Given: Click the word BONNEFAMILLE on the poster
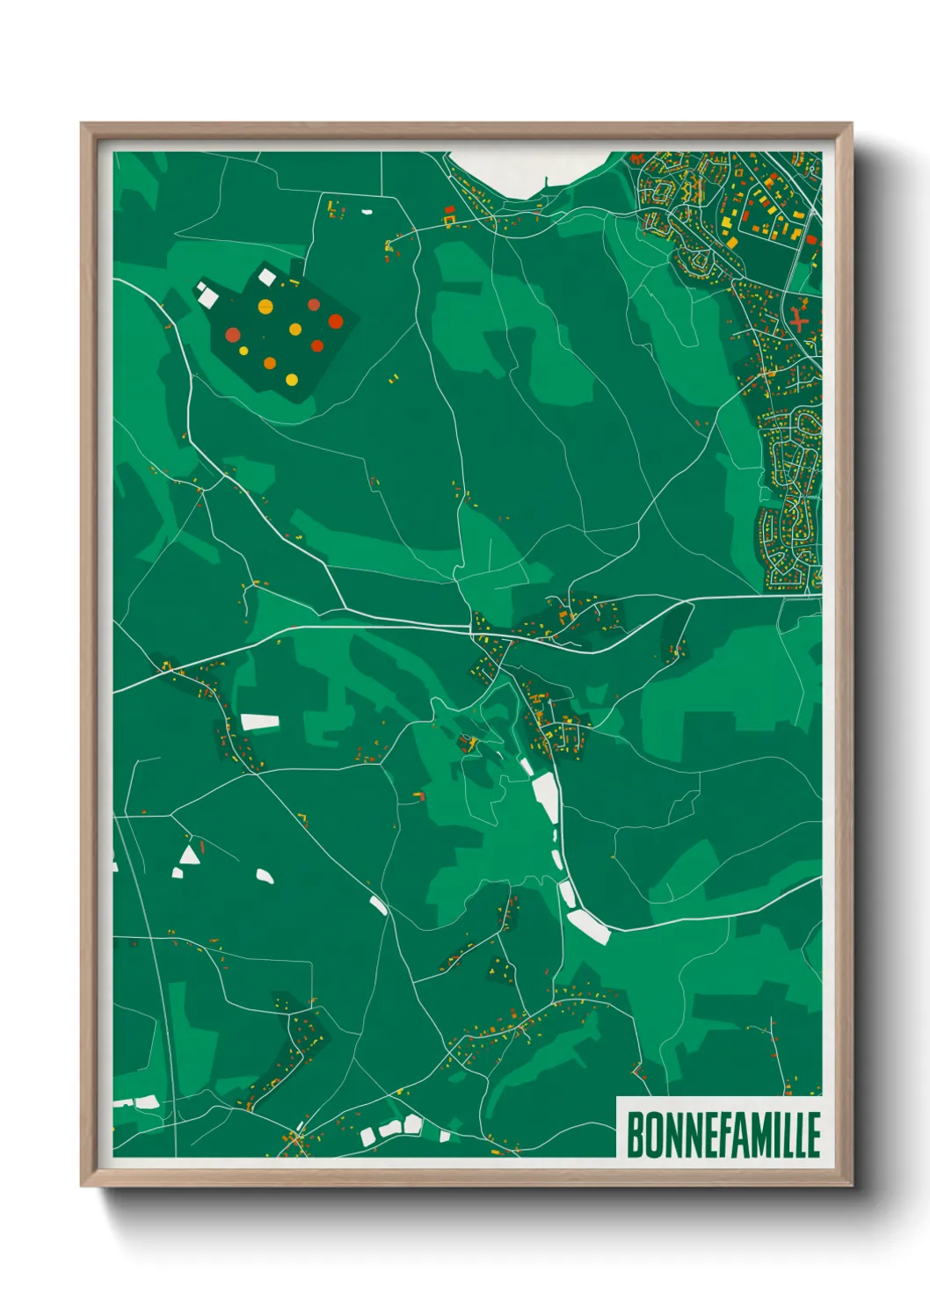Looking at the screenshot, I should pyautogui.click(x=723, y=1135).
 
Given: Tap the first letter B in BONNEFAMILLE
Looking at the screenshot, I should pyautogui.click(x=634, y=1135).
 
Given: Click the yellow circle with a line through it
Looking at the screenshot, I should pyautogui.click(x=265, y=307).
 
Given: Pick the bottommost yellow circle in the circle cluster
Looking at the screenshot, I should pyautogui.click(x=292, y=380).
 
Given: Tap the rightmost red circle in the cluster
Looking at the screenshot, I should pyautogui.click(x=336, y=321).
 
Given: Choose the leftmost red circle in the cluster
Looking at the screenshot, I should pyautogui.click(x=233, y=334).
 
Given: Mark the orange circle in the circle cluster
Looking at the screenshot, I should pyautogui.click(x=270, y=363).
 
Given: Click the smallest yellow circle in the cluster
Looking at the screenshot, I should pyautogui.click(x=243, y=350).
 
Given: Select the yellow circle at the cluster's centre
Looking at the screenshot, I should pyautogui.click(x=295, y=330).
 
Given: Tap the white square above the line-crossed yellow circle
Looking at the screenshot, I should pyautogui.click(x=266, y=278).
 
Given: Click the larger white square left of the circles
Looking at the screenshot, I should pyautogui.click(x=208, y=297).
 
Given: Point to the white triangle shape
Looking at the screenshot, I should pyautogui.click(x=189, y=854).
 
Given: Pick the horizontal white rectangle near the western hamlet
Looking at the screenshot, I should pyautogui.click(x=260, y=723).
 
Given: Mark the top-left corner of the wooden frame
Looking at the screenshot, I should pyautogui.click(x=83, y=125).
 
